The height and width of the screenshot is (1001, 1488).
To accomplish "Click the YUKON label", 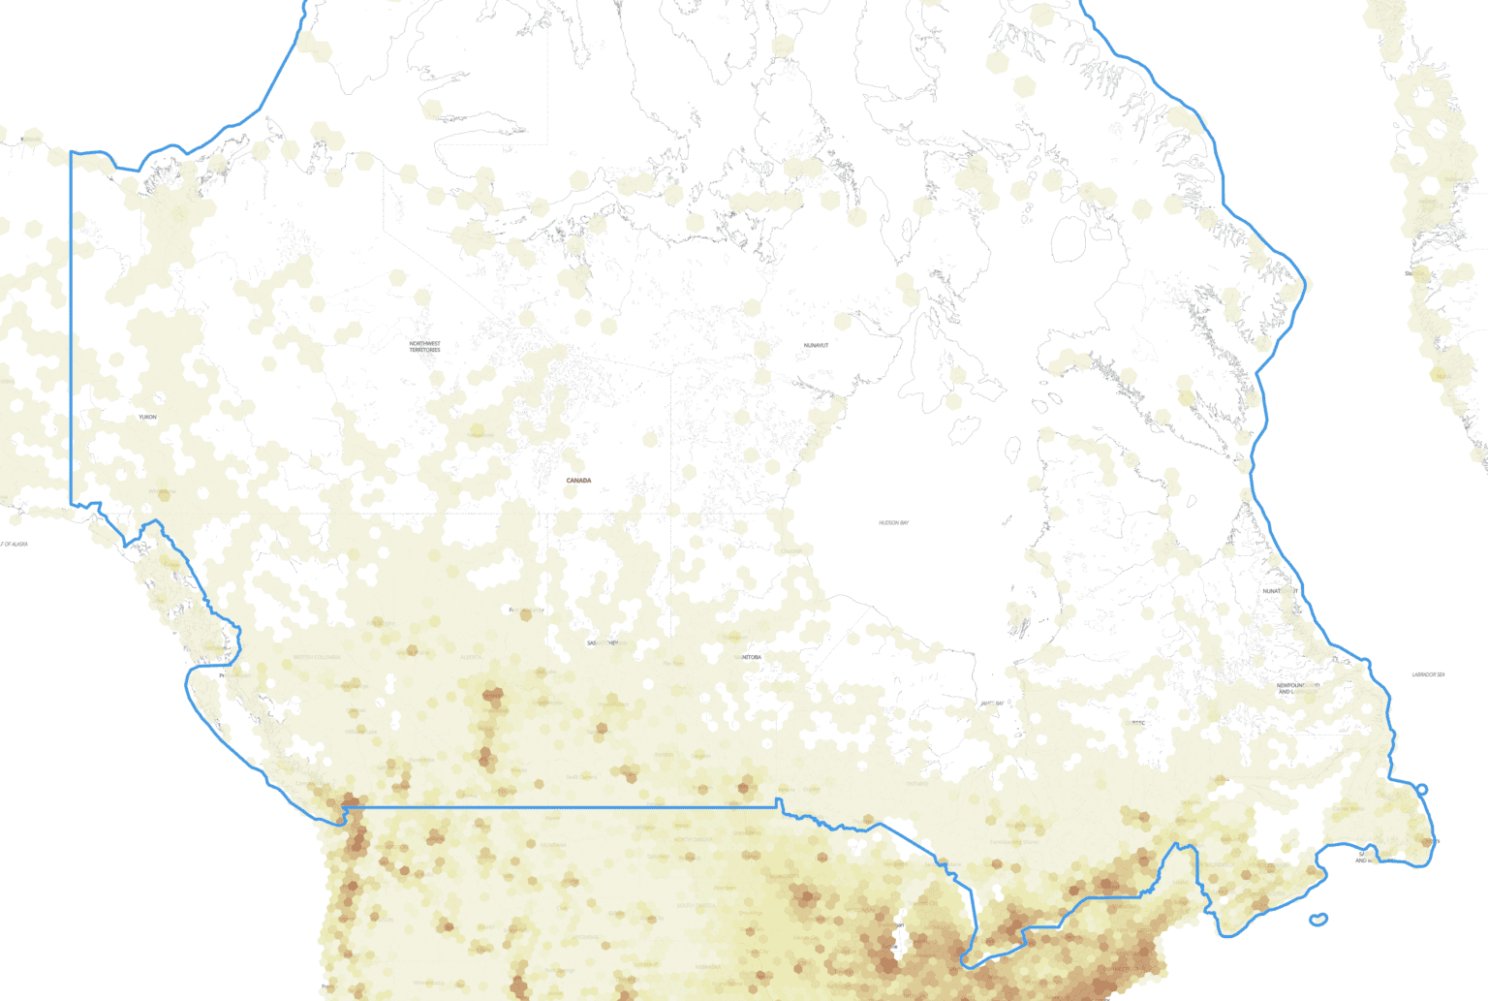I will [x=147, y=417].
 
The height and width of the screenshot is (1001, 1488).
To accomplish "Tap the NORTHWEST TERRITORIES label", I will [x=424, y=346].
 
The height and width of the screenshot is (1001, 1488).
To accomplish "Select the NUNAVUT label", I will [x=816, y=345].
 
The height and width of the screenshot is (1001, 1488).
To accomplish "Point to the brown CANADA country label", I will [x=578, y=481].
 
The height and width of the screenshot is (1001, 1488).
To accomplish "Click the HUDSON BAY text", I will [x=893, y=522].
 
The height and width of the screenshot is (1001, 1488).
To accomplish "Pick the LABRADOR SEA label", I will [x=1428, y=674].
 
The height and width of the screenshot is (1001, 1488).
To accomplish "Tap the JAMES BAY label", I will [x=992, y=704].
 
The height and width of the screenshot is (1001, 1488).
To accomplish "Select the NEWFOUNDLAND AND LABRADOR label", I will [x=1297, y=688].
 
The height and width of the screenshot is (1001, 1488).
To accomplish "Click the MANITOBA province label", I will [x=748, y=657].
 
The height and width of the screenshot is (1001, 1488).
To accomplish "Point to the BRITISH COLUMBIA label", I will [x=317, y=657].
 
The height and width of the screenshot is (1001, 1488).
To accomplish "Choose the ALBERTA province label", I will [x=471, y=657].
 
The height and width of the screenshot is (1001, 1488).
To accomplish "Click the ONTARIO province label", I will [x=916, y=783].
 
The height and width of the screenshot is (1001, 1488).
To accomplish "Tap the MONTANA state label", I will [x=553, y=845].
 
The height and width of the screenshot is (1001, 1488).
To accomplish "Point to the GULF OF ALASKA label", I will [x=14, y=545].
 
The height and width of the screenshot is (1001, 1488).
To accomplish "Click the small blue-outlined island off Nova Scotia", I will [x=1318, y=919].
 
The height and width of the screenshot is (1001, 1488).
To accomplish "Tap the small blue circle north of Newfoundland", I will [x=1422, y=790].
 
